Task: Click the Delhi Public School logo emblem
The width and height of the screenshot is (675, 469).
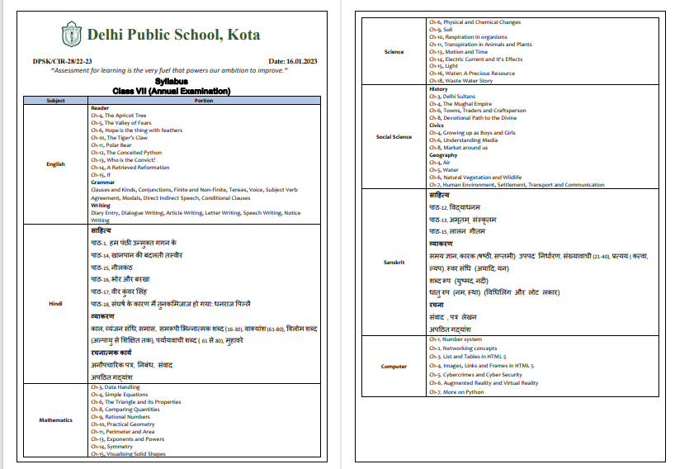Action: [x=71, y=35]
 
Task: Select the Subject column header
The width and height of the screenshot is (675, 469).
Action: [x=56, y=101]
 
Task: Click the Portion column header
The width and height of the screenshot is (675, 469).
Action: [x=203, y=101]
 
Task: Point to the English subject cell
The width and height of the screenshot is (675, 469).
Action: [x=56, y=164]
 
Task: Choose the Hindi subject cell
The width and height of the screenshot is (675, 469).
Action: [x=56, y=303]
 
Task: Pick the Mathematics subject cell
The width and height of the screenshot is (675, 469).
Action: [x=56, y=419]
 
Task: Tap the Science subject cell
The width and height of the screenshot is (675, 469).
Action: [x=394, y=52]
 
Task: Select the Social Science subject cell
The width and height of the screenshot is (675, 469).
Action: [x=394, y=137]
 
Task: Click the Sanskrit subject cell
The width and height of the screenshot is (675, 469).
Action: [x=394, y=263]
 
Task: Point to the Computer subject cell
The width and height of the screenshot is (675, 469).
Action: [x=394, y=366]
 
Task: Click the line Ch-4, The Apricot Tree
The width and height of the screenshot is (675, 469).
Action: [x=118, y=116]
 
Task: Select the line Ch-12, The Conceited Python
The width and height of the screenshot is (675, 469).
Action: [x=126, y=153]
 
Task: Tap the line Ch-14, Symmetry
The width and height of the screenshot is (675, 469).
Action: [x=116, y=447]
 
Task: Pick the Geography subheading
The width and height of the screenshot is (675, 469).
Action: [x=443, y=155]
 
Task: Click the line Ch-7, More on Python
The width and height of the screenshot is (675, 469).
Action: [x=458, y=391]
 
